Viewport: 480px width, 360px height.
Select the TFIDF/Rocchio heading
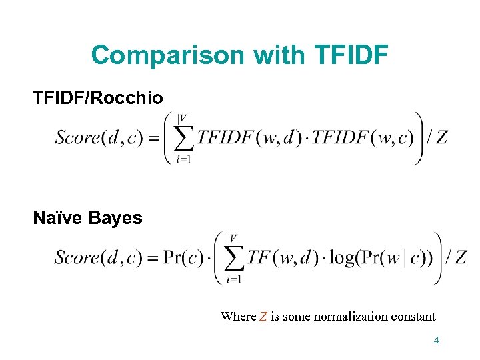[98, 98]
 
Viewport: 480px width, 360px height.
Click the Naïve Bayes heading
[87, 218]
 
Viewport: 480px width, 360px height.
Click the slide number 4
[436, 341]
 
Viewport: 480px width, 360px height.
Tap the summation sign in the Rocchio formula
[184, 138]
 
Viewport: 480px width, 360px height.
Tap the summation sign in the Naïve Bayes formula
[234, 258]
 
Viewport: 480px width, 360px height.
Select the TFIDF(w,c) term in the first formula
[363, 138]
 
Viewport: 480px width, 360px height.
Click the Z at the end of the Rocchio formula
[441, 138]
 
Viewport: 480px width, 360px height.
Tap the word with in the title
[275, 55]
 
